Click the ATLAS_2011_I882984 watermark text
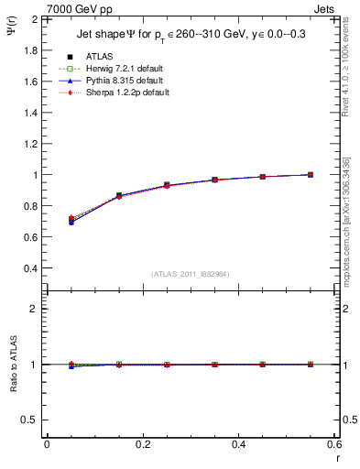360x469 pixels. (190, 274)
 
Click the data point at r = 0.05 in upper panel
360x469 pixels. (71, 220)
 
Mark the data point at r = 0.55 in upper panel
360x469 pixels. (311, 174)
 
